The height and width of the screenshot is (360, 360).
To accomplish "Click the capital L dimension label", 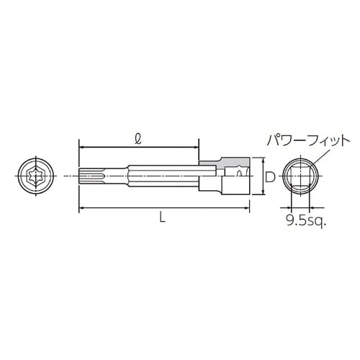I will (x=163, y=220).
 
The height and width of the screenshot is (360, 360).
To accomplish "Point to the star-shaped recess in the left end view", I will (x=34, y=176).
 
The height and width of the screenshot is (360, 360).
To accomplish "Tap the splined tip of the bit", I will (x=87, y=176).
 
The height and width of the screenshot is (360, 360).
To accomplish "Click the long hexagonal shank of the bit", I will (x=158, y=176).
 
